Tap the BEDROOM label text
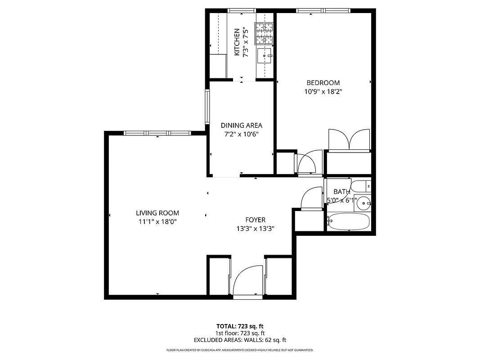point(323,83)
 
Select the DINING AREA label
point(241,126)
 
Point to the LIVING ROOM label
point(157,213)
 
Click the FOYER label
point(255,220)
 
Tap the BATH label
point(341,192)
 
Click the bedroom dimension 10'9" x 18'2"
point(323,91)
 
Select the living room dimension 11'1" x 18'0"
point(157,221)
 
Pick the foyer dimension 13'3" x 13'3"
point(255,228)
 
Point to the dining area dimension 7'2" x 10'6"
point(241,134)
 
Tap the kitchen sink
point(265,56)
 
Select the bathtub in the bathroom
point(349,221)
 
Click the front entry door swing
point(247,281)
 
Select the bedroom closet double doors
point(349,139)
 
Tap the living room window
point(157,133)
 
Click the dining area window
point(207,106)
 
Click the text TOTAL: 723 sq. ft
point(240,326)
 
